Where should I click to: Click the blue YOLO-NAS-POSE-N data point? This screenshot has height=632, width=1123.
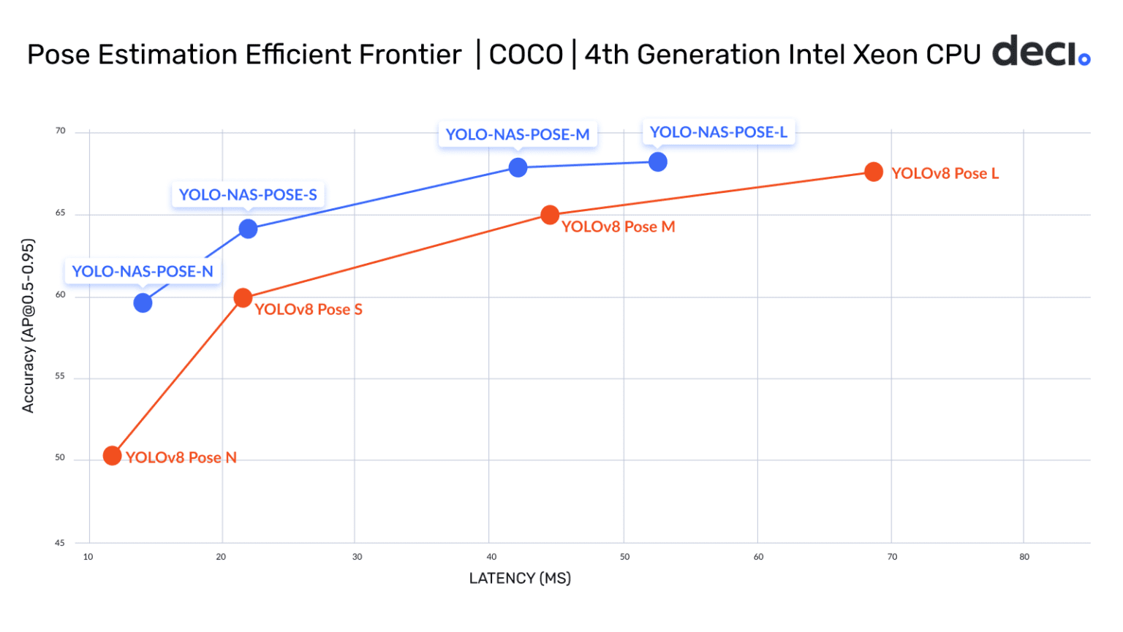tap(143, 302)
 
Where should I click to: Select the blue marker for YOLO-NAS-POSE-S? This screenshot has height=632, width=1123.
tap(248, 229)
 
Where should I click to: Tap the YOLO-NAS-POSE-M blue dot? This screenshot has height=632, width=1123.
tap(518, 167)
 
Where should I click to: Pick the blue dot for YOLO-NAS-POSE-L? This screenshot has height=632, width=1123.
tap(657, 161)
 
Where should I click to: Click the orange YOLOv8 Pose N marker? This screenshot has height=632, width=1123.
tap(112, 456)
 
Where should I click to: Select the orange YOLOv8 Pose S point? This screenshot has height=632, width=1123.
tap(243, 297)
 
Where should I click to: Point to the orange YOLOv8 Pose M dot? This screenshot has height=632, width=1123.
tap(550, 214)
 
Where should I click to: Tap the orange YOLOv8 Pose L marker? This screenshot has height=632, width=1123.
tap(873, 172)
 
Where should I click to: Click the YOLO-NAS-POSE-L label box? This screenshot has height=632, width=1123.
tap(718, 132)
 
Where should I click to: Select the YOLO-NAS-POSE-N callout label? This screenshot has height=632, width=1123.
tap(143, 271)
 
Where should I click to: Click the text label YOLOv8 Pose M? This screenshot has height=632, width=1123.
tap(618, 226)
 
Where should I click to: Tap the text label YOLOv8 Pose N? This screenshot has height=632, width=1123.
tap(181, 457)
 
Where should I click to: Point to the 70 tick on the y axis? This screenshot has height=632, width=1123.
tap(60, 131)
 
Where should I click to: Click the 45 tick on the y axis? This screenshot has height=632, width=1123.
tap(59, 543)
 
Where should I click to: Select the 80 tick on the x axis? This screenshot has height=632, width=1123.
tap(1024, 557)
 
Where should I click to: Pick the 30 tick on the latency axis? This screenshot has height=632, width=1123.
tap(357, 557)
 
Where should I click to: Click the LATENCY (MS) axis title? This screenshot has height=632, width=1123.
tap(520, 578)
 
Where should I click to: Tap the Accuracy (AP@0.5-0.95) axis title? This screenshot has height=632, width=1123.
tap(28, 326)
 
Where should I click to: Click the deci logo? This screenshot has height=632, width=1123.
tap(1040, 51)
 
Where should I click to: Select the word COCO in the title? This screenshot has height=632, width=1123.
tap(526, 55)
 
